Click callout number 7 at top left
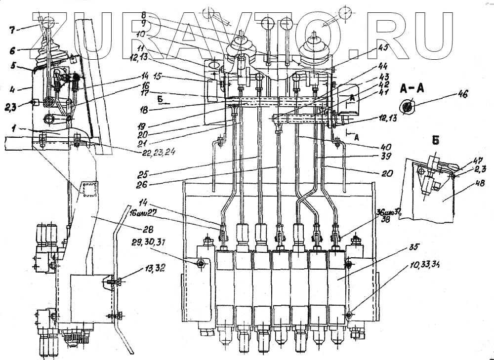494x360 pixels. coord(12,30)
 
